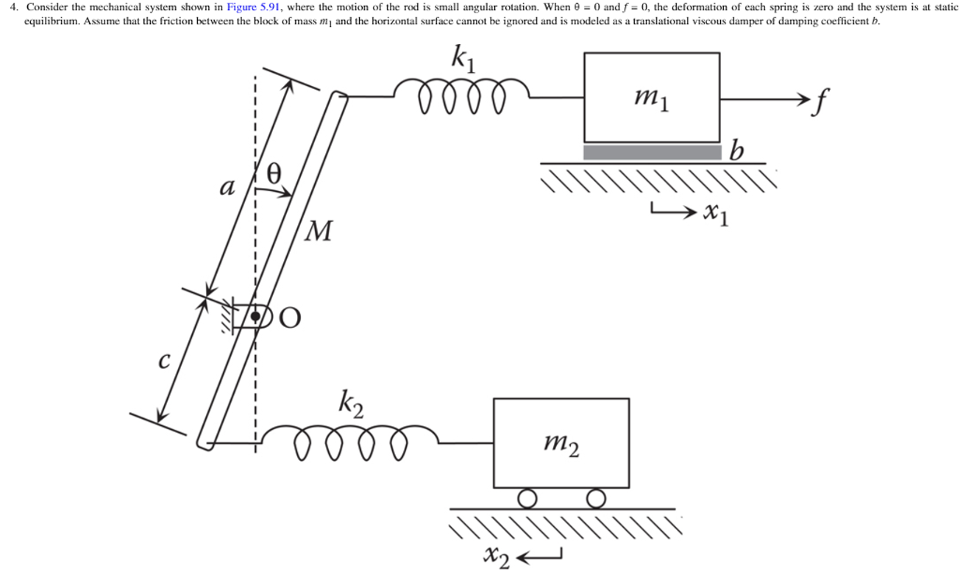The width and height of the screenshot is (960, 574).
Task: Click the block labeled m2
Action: (x=561, y=442)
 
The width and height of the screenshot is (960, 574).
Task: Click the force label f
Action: (x=823, y=100)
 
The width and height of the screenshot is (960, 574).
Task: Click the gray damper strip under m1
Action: (x=652, y=152)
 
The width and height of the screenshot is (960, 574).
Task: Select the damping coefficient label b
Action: (x=737, y=151)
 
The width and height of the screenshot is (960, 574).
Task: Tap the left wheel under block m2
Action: (x=528, y=497)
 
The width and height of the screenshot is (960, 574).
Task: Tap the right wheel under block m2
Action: (x=594, y=497)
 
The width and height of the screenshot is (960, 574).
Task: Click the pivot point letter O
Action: (x=291, y=318)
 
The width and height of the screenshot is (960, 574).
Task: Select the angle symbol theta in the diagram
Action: (x=274, y=171)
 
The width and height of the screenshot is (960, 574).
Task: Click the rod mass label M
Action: (x=319, y=230)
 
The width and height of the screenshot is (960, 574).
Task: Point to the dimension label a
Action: (x=226, y=186)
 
